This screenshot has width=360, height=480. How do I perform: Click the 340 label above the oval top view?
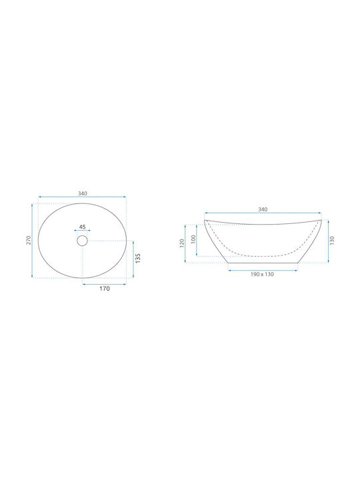pos(83,193)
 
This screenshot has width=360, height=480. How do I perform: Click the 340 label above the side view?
pos(263,209)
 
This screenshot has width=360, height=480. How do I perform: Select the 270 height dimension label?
pos(29,240)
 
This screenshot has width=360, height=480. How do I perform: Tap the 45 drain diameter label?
pos(82,227)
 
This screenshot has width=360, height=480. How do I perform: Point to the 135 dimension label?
pos(138,258)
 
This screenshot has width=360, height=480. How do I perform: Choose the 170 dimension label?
pos(105,289)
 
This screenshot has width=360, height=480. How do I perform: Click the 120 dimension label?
pos(182,243)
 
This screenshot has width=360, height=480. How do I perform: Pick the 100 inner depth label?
pos(193,239)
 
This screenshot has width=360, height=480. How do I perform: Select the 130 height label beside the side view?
pos(332,240)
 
